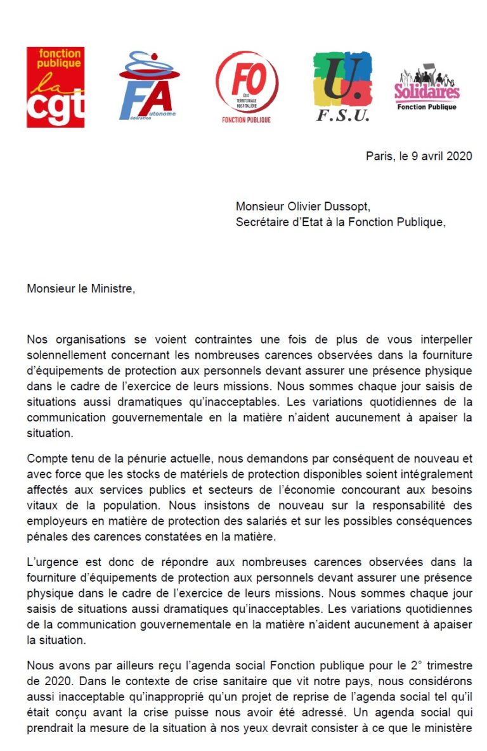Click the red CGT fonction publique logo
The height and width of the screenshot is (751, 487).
click(55, 87)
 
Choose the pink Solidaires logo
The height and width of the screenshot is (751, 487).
click(427, 89)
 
